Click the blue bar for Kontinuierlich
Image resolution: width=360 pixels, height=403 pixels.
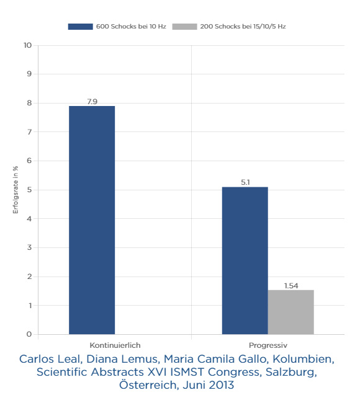pos(92,220)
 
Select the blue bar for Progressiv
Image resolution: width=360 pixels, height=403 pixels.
pos(245,260)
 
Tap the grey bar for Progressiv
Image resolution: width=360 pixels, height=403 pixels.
pos(290,312)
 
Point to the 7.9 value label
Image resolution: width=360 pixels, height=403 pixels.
pos(92,102)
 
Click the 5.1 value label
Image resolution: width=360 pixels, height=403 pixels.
pos(245,182)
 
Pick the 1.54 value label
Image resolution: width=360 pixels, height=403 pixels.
pos(291,286)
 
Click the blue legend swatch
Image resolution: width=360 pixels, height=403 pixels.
pos(80,27)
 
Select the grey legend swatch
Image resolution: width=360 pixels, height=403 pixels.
pos(184,27)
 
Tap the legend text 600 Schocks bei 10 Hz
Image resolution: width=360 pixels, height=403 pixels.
pos(131,27)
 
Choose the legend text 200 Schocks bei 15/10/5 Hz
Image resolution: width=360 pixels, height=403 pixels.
pos(243,27)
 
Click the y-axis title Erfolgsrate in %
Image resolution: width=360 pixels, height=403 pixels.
pos(16,190)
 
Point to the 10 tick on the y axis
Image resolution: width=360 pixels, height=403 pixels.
pos(27,45)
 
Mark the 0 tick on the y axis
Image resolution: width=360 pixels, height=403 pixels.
pos(29,334)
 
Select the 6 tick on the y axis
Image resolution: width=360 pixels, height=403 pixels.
pos(29,161)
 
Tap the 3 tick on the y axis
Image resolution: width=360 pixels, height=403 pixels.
pos(29,247)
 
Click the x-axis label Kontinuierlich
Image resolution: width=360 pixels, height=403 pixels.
pos(115,345)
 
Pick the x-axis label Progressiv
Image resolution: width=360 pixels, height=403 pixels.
pos(268,345)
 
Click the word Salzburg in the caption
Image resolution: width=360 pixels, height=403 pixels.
pos(291,372)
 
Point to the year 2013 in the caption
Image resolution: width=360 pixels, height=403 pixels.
pos(222,385)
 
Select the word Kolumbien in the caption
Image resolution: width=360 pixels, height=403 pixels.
pos(304,359)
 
